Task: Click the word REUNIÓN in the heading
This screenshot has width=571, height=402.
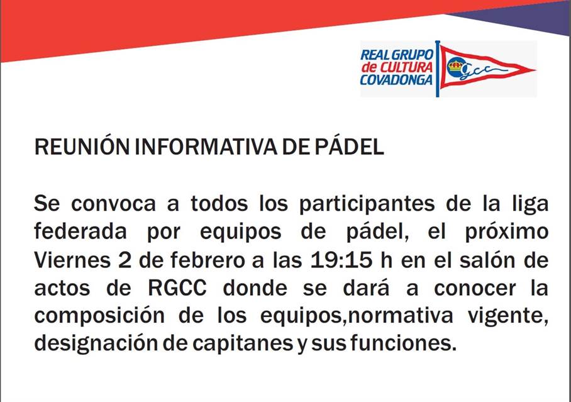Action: click(x=82, y=147)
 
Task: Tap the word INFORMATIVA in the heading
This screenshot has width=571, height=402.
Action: click(x=206, y=147)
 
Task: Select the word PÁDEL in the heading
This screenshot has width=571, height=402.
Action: click(x=349, y=147)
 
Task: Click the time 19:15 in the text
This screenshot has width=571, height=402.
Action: click(x=341, y=260)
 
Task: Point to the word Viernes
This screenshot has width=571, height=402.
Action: click(x=72, y=260)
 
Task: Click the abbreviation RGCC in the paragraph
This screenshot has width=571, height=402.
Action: click(x=177, y=288)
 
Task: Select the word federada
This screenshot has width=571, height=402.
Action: click(x=80, y=232)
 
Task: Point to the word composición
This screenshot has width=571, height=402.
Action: click(x=99, y=316)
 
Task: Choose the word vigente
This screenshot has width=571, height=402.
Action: click(x=508, y=316)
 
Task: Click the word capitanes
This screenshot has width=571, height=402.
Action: click(x=243, y=344)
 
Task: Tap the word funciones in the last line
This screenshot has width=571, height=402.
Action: click(x=404, y=343)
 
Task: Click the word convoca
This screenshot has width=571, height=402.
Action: click(x=113, y=204)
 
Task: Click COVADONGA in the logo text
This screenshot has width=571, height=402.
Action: click(x=396, y=80)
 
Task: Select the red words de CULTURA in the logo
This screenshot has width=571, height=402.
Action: click(x=397, y=67)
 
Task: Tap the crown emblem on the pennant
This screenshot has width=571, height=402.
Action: click(x=455, y=66)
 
